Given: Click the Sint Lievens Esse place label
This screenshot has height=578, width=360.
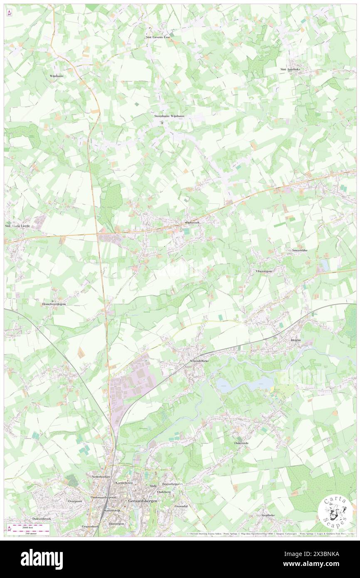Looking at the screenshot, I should coord(158,37).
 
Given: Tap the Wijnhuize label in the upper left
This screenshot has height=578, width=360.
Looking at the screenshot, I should coord(56,76).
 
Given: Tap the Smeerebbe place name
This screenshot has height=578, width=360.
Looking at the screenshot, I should coord(299,250).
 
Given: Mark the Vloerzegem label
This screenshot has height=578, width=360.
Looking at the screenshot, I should coord(264,271).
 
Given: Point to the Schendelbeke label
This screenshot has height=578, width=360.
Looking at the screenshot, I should coord(198,361).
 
